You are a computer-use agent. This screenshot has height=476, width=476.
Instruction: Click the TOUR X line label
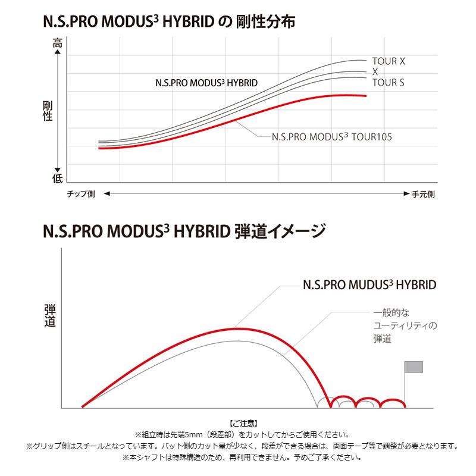click(389, 61)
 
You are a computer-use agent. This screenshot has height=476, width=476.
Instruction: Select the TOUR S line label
click(388, 83)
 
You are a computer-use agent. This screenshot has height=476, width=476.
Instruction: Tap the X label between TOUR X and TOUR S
click(375, 72)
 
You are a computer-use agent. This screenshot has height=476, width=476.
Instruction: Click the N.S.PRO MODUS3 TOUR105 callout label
click(331, 136)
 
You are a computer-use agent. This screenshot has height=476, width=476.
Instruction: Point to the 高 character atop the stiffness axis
click(57, 43)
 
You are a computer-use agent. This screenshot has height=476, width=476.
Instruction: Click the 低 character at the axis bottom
click(57, 177)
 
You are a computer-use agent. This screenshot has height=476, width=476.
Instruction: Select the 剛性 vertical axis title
click(48, 111)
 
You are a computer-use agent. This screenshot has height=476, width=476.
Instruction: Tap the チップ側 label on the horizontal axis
click(80, 194)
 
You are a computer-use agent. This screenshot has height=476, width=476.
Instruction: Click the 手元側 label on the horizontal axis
click(423, 194)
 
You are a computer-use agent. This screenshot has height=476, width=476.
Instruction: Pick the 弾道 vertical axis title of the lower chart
click(50, 316)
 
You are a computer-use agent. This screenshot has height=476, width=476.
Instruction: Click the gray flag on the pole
click(414, 367)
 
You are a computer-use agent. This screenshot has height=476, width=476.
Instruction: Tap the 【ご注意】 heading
click(242, 423)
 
